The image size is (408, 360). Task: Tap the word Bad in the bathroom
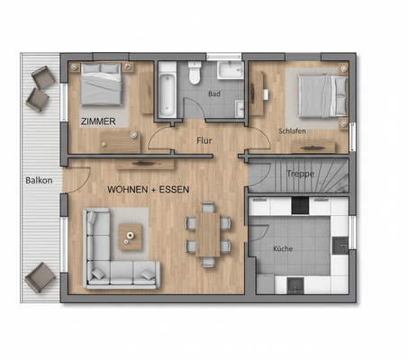tap(213, 93)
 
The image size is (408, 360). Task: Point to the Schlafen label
tap(293, 130)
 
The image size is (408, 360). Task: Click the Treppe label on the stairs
tap(300, 175)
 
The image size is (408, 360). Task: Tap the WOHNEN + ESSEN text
tap(149, 191)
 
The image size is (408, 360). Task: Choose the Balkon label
tap(39, 180)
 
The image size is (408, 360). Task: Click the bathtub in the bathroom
tap(167, 90)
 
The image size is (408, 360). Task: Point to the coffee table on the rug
tap(131, 237)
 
